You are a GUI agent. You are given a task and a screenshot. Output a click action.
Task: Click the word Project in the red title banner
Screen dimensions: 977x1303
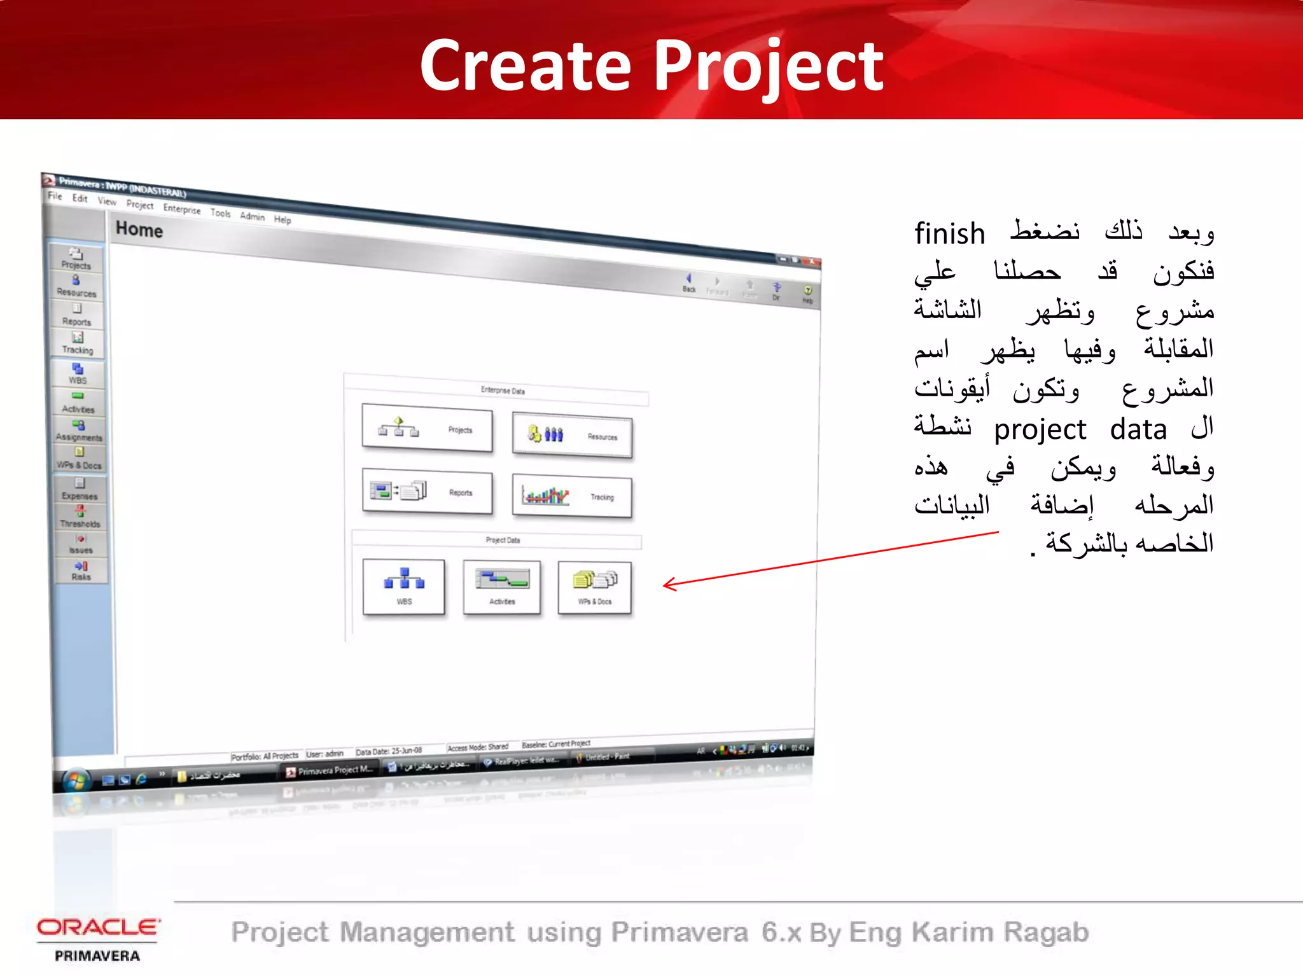point(769,66)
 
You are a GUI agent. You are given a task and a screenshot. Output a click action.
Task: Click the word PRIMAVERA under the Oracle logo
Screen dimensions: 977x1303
point(97,956)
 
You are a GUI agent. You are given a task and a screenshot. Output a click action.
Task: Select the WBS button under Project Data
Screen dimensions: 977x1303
point(403,586)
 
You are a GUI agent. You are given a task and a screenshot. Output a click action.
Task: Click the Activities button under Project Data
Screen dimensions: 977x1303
point(502,587)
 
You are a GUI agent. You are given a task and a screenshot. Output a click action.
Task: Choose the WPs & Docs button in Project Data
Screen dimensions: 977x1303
point(595,588)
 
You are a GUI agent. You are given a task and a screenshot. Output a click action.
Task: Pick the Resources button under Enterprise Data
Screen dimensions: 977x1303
point(572,436)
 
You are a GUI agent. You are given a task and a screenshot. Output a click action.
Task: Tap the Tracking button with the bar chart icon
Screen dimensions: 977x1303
point(572,496)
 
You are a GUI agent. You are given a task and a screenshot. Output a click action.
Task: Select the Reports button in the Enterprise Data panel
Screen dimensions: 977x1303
point(427,492)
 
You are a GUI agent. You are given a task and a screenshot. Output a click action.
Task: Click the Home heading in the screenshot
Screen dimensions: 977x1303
point(139,230)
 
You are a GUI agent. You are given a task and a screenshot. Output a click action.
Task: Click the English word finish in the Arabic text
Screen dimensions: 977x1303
point(949,234)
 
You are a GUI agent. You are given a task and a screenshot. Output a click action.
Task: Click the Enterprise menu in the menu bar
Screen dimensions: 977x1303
point(181,209)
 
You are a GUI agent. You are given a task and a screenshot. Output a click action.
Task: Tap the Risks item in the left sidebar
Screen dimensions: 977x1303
point(81,571)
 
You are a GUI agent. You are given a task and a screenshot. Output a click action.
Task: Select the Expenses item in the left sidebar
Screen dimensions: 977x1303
point(80,489)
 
